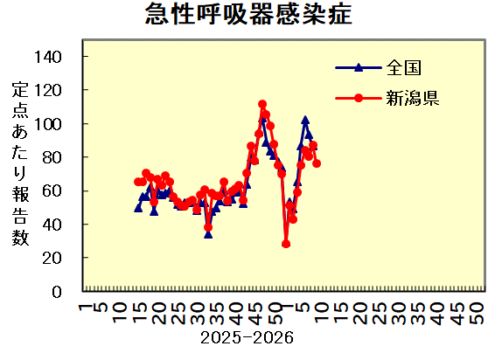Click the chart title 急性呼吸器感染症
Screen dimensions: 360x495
coord(249,15)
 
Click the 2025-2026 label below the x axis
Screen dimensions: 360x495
coord(247,336)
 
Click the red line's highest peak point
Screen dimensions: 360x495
coord(262,104)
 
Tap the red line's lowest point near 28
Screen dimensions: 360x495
coord(286,244)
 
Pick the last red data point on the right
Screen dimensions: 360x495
coord(317,163)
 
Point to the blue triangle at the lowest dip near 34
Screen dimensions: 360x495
coord(208,233)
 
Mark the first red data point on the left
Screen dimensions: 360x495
coord(138,182)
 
